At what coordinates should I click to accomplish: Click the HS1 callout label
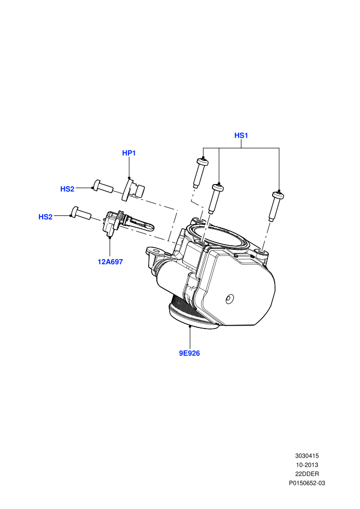pos(241,135)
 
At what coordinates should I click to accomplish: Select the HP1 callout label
pos(129,153)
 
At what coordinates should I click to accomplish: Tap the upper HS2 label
pos(67,189)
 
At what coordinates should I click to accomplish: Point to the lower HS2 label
pos(45,217)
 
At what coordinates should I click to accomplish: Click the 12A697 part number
pos(111,262)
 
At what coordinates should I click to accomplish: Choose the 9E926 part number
pos(190,353)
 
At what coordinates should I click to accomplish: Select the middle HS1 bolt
pos(215,198)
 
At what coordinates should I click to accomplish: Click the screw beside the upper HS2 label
pos(103,186)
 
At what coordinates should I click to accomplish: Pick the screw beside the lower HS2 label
pos(81,213)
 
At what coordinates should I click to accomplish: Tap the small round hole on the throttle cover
pos(229,299)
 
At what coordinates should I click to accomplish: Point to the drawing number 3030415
pos(307,456)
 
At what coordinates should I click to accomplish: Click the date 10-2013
pos(307,465)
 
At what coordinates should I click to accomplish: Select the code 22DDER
pos(307,474)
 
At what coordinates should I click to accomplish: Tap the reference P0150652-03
pos(307,483)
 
